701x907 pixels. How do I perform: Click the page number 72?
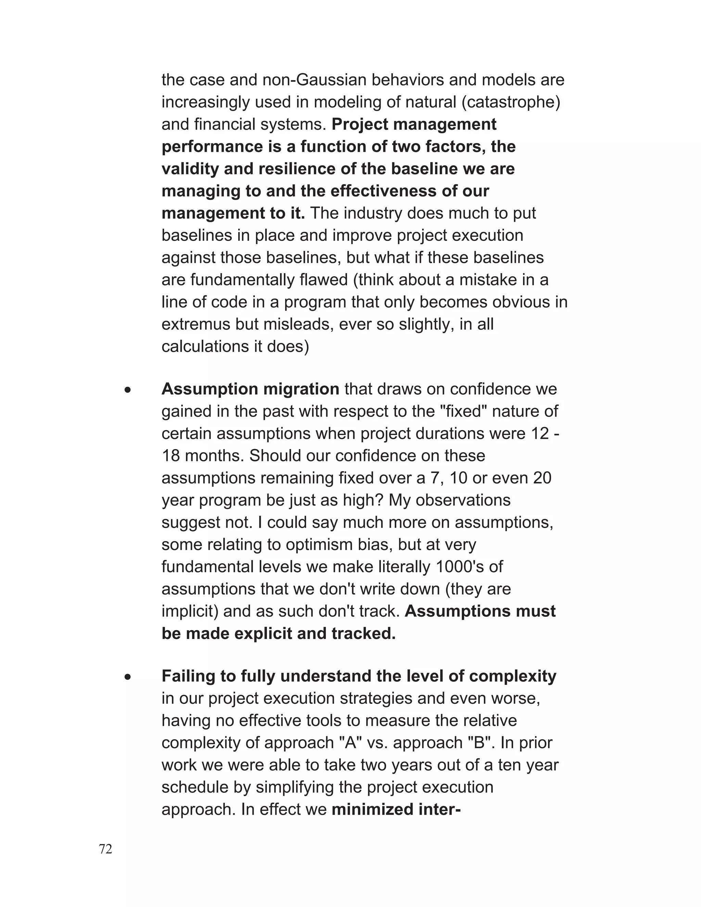click(105, 849)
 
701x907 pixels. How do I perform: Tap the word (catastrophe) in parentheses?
click(511, 102)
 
